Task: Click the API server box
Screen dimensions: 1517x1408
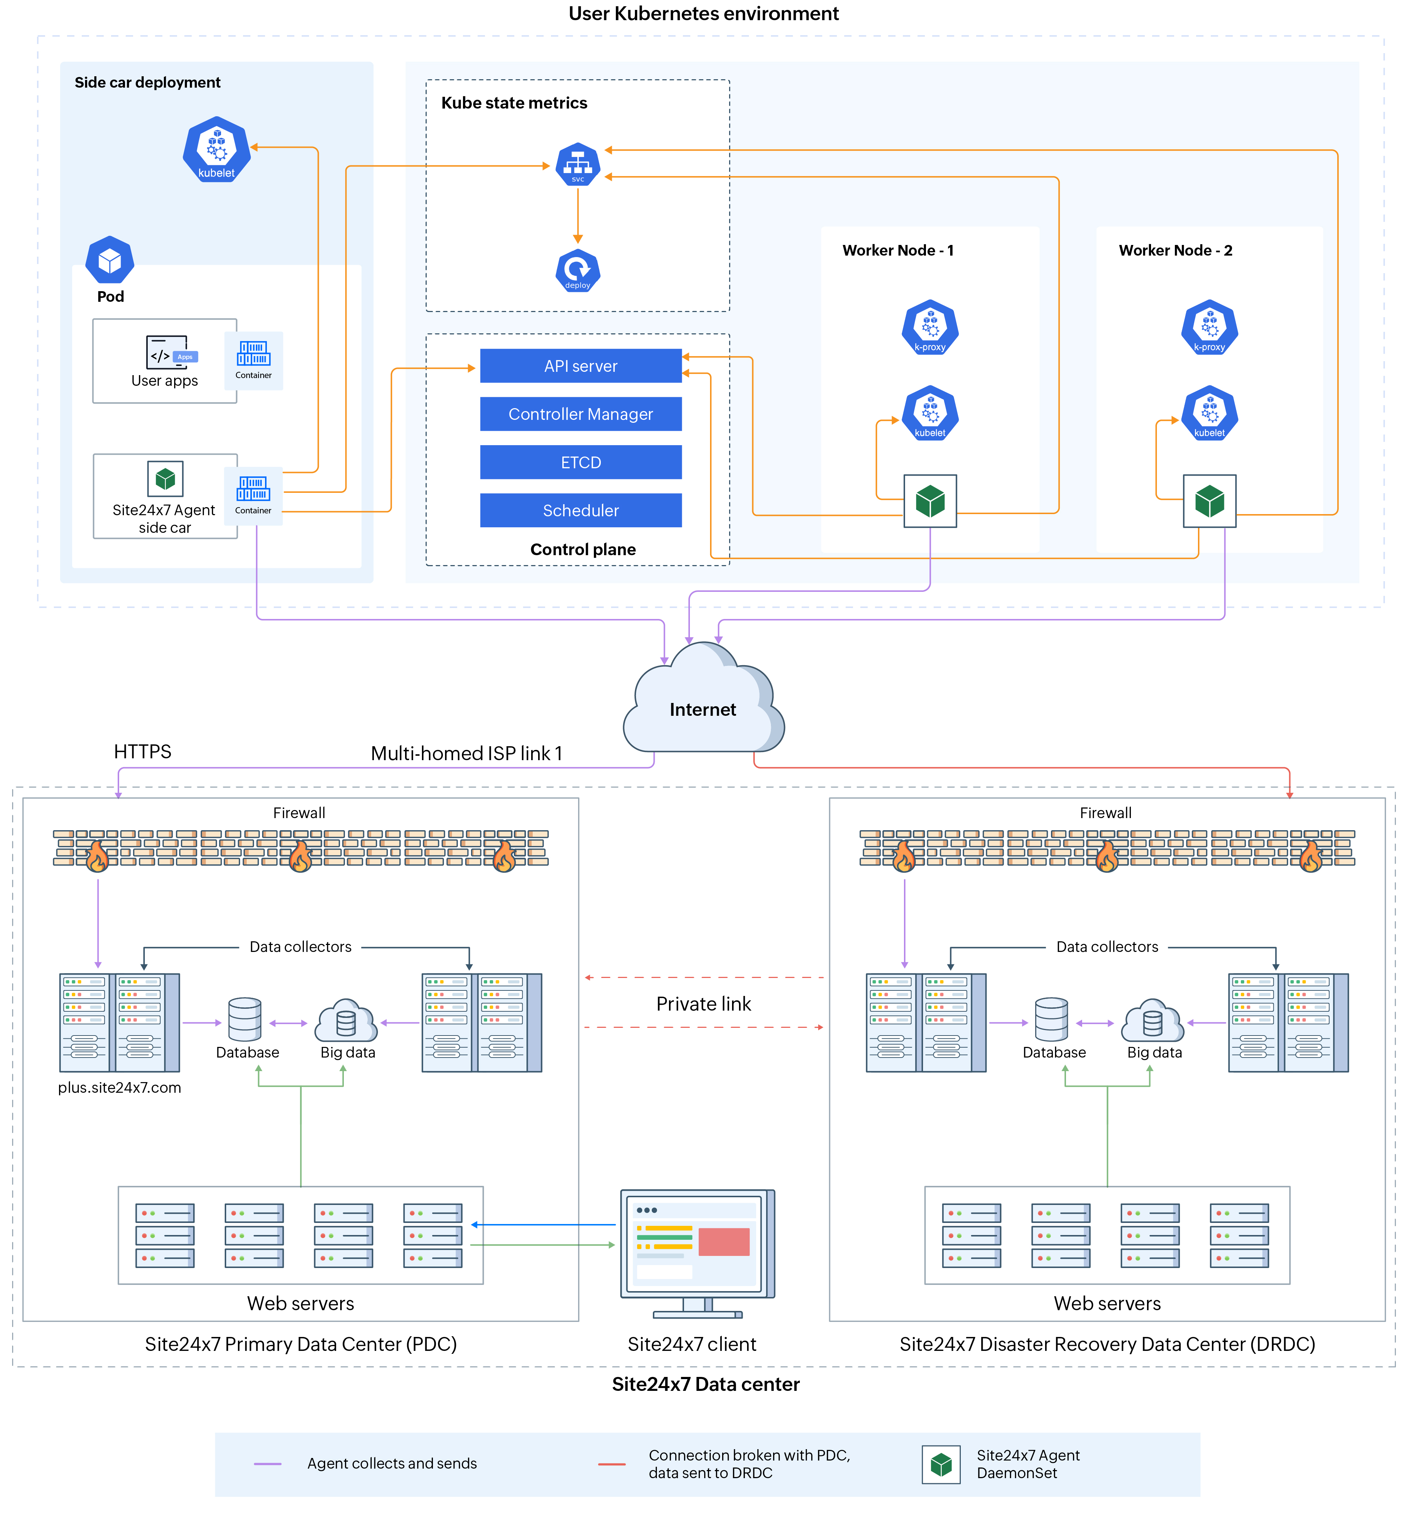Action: [581, 366]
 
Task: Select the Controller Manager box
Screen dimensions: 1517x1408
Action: [581, 414]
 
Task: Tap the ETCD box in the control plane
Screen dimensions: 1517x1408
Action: [581, 462]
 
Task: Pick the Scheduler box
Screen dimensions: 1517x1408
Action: [581, 510]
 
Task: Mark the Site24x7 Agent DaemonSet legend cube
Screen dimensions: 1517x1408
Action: [941, 1463]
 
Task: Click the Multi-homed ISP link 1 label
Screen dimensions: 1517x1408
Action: [466, 753]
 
